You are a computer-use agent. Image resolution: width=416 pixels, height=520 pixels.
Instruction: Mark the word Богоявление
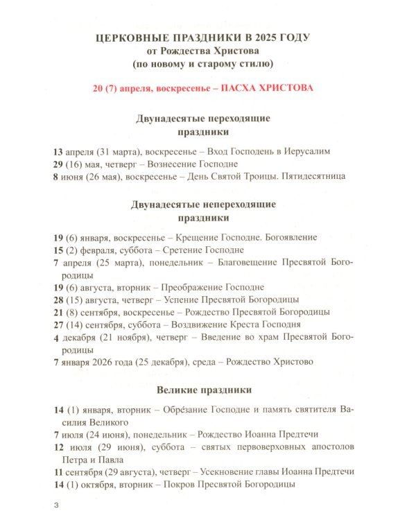289,237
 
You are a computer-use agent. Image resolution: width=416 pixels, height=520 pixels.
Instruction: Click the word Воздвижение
198,324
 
